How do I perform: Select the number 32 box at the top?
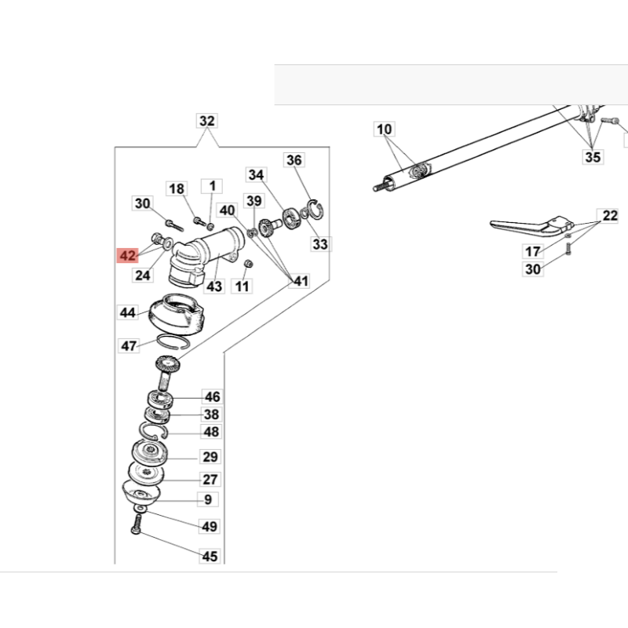pyautogui.click(x=206, y=122)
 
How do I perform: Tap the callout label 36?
pyautogui.click(x=294, y=160)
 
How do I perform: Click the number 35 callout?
pyautogui.click(x=593, y=158)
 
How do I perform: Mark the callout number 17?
pyautogui.click(x=533, y=251)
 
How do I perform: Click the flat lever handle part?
pyautogui.click(x=522, y=225)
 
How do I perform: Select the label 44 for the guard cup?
pyautogui.click(x=128, y=312)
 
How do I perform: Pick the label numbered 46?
pyautogui.click(x=212, y=396)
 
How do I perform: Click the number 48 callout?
pyautogui.click(x=211, y=432)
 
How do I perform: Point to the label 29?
pyautogui.click(x=210, y=457)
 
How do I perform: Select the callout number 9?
pyautogui.click(x=208, y=499)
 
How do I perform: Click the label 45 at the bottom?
pyautogui.click(x=210, y=557)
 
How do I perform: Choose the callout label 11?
pyautogui.click(x=242, y=287)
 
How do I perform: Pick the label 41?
pyautogui.click(x=299, y=280)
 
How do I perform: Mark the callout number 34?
pyautogui.click(x=256, y=174)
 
